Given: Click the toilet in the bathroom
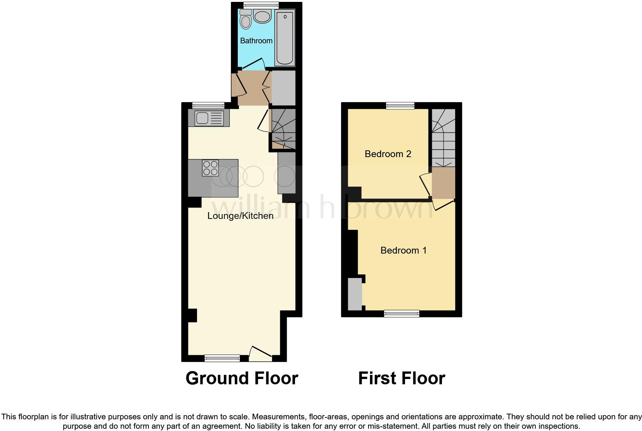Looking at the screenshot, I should point(246,20).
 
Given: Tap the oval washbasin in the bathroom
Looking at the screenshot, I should point(262,17).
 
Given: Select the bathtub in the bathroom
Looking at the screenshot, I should point(285,38).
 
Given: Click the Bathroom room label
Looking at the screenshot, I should point(256,41).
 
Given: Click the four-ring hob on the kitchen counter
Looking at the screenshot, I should point(210,168).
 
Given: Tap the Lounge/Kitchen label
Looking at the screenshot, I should point(240,216).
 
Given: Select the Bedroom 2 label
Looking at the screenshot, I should point(388,154).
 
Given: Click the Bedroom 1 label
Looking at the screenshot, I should point(404,251).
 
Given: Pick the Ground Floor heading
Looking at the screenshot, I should point(242,378).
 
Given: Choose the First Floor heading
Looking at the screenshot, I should point(402,378).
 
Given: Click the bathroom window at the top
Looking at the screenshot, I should point(261,5).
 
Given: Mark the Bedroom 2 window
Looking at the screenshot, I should point(400,106).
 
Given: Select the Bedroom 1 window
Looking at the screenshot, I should point(402,313).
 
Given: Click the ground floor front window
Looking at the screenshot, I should point(222,358).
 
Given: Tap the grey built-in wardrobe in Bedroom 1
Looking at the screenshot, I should point(355,294).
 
